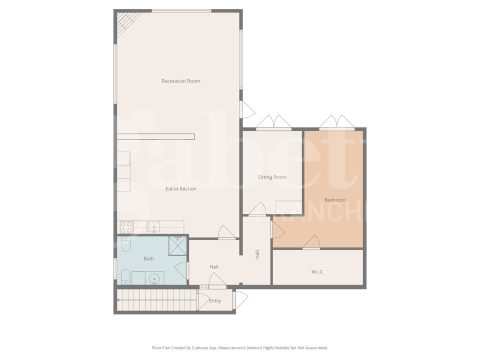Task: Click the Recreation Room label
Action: [x=180, y=81]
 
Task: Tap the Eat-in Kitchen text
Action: [x=181, y=189]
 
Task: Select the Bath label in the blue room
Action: [x=148, y=258]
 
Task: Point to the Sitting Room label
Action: [x=272, y=177]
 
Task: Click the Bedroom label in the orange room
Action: [x=334, y=200]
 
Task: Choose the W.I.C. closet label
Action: [x=318, y=272]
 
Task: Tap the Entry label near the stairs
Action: [x=215, y=300]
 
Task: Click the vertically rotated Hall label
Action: [x=257, y=254]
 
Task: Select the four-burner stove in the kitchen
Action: [x=126, y=227]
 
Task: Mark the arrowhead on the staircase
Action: [x=118, y=300]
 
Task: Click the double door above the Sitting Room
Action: [x=273, y=123]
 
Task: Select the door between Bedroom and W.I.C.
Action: [x=312, y=242]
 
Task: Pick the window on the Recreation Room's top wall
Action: [x=181, y=11]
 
